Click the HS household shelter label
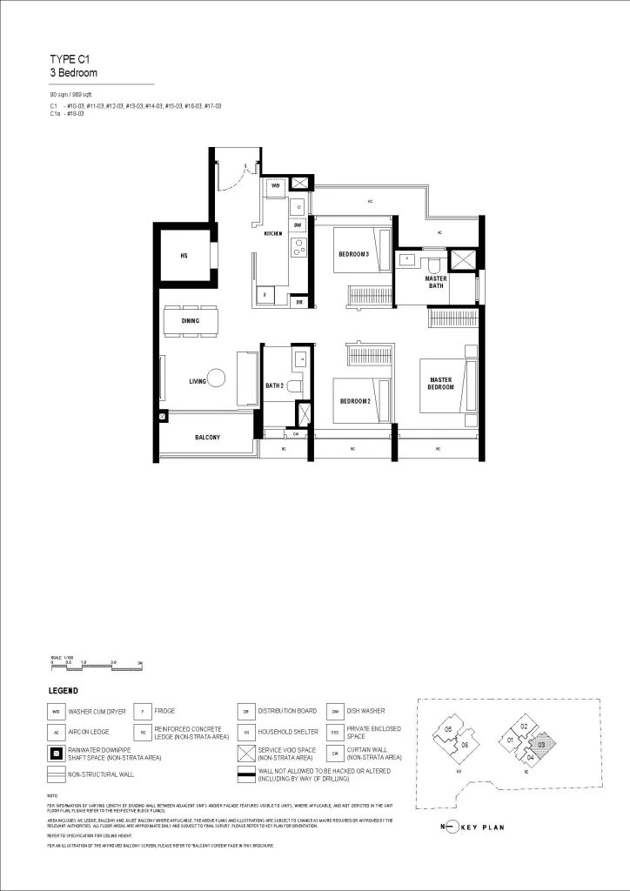click(x=184, y=256)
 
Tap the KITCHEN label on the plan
click(x=274, y=234)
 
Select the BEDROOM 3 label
click(x=354, y=254)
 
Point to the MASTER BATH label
click(x=436, y=282)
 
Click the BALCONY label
click(x=206, y=438)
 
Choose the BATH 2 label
click(x=275, y=384)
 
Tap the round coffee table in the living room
click(x=216, y=378)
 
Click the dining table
click(x=191, y=320)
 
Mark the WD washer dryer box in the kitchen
click(x=276, y=185)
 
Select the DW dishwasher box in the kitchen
click(x=297, y=224)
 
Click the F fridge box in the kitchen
click(x=265, y=295)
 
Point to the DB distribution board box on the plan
click(x=299, y=302)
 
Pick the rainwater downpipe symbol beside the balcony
click(x=163, y=417)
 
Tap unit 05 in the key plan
click(x=448, y=729)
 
